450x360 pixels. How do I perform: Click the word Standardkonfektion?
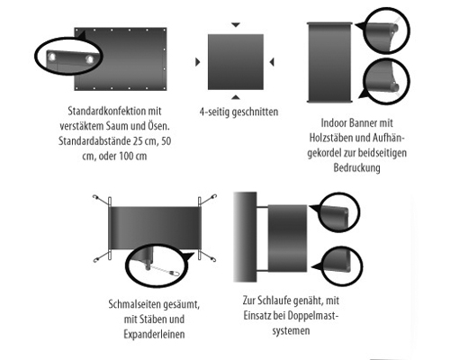[x=106, y=111]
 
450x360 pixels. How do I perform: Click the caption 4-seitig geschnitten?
[x=238, y=112]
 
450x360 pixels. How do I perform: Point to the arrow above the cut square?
[x=236, y=24]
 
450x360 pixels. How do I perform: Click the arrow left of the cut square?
[x=198, y=62]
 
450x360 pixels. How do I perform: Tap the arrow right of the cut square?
[x=272, y=62]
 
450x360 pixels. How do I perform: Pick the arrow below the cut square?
[x=236, y=97]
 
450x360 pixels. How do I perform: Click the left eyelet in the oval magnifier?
[x=51, y=57]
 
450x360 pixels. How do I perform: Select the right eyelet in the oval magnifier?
[x=89, y=59]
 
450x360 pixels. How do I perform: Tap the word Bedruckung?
[x=356, y=167]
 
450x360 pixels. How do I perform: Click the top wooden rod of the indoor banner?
[x=329, y=23]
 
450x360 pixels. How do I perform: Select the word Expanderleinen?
[x=154, y=334]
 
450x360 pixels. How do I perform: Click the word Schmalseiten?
[x=133, y=304]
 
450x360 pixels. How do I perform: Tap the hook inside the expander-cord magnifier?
[x=175, y=274]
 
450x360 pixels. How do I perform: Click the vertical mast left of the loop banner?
[x=245, y=237]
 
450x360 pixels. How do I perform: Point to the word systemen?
[x=291, y=331]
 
